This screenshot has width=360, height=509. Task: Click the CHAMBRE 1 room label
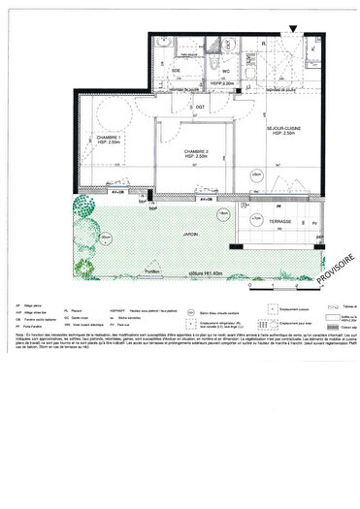[108, 139]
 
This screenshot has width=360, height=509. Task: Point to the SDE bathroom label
[177, 71]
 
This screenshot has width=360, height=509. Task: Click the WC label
[224, 71]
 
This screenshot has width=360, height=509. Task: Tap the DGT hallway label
[199, 107]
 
